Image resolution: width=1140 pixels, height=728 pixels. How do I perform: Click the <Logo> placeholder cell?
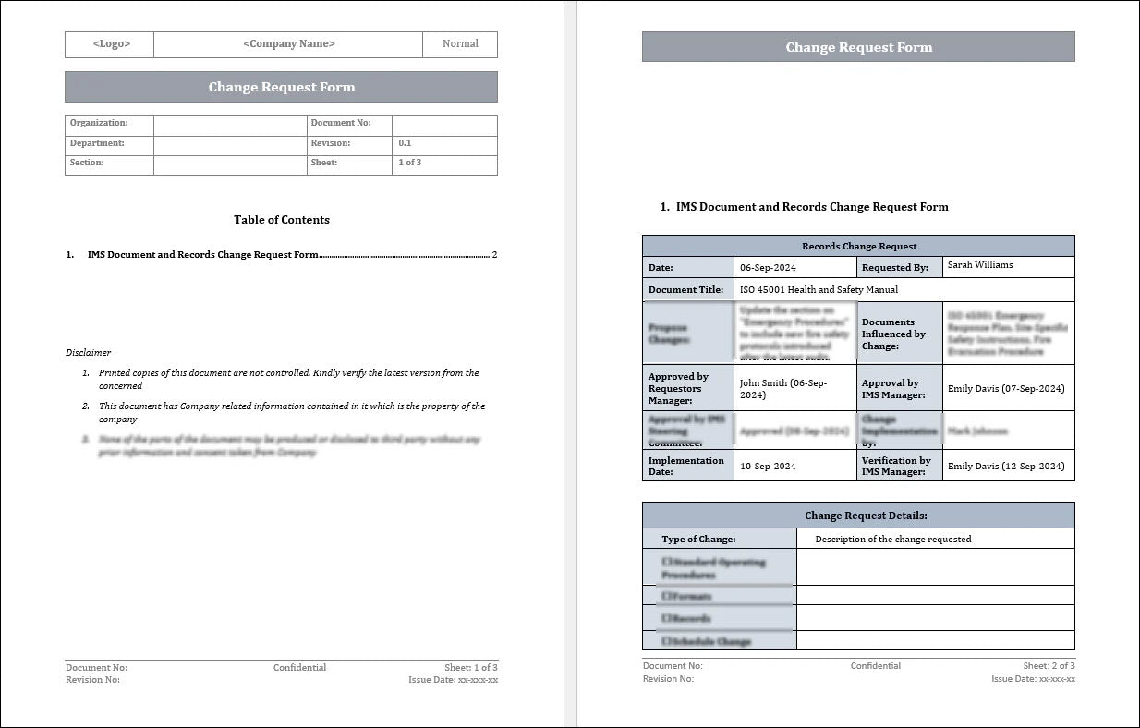click(x=111, y=44)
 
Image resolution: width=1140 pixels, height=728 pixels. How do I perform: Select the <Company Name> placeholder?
click(x=288, y=44)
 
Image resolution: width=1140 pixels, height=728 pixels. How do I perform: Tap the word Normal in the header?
click(x=460, y=43)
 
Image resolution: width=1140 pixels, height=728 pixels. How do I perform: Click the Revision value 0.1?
click(x=406, y=143)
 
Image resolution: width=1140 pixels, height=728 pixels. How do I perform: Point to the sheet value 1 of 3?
click(x=410, y=163)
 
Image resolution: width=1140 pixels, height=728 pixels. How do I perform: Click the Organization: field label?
click(x=99, y=123)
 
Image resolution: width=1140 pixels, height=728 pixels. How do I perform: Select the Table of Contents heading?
click(x=282, y=220)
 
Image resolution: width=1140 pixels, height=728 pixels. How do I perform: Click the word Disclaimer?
click(x=88, y=352)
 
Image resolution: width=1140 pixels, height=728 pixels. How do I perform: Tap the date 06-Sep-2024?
click(x=768, y=267)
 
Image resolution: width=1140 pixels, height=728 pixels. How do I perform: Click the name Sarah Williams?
click(x=980, y=265)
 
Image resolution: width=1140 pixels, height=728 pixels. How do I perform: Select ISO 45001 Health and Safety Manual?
click(x=819, y=290)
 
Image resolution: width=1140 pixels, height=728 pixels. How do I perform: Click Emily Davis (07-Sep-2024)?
click(x=1006, y=389)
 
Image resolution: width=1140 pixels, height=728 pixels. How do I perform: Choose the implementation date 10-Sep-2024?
click(x=768, y=467)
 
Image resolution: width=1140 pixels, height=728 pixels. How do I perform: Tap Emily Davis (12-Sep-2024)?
click(x=1006, y=467)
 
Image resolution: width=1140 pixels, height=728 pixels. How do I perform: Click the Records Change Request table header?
click(x=858, y=247)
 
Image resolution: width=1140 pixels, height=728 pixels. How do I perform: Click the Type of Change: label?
click(x=698, y=540)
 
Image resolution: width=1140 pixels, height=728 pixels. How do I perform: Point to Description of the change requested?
click(x=892, y=540)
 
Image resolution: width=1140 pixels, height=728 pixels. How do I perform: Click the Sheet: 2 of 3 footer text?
click(x=1049, y=666)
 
